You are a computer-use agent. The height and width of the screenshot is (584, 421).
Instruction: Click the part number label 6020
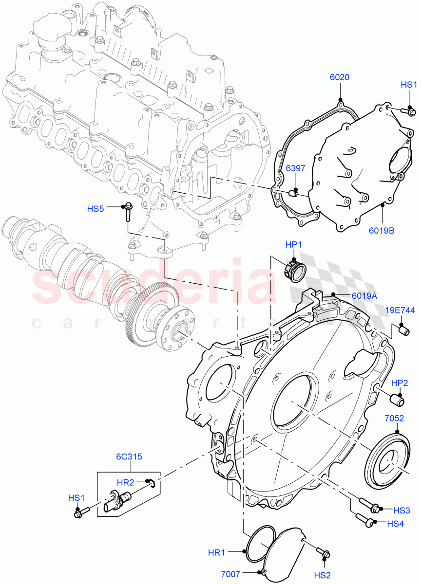(x=339, y=77)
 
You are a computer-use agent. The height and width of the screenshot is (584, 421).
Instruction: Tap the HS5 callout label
(x=96, y=209)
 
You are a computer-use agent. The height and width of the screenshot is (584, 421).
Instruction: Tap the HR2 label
(x=126, y=482)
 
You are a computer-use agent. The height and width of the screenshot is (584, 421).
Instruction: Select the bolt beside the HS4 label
(x=364, y=520)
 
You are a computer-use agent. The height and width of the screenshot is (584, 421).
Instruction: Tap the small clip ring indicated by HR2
(x=153, y=483)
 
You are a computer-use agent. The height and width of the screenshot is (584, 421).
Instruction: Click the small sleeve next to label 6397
(x=293, y=194)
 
